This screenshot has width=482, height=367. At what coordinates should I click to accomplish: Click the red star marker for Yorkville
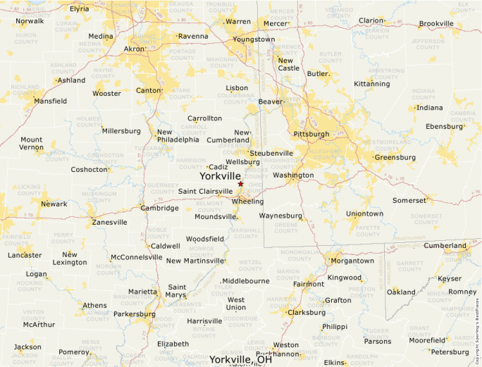point(240,184)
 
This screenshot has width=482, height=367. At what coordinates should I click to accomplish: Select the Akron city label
point(134,49)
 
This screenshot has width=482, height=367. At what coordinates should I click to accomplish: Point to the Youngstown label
point(254,39)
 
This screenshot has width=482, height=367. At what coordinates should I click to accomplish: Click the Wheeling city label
point(247,201)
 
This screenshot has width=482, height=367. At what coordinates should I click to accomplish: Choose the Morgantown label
point(352,261)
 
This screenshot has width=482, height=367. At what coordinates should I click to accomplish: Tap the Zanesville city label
point(109,222)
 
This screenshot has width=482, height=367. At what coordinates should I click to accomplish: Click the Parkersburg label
point(134,313)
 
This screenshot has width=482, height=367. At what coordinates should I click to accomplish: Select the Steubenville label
point(271,153)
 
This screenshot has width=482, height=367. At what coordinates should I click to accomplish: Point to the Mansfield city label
point(50,101)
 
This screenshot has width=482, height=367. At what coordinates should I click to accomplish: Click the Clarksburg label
point(307,312)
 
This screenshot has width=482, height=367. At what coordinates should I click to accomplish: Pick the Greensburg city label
point(395,157)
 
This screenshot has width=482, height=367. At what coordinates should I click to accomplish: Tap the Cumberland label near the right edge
point(445,246)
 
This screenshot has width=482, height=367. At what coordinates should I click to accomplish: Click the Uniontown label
point(364,213)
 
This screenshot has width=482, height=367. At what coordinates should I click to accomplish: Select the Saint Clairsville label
point(205,192)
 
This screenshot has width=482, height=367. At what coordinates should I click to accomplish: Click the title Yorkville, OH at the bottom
point(240,360)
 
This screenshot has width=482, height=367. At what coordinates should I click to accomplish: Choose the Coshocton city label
point(89,169)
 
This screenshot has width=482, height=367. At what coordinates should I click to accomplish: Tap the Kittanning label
point(371,84)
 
